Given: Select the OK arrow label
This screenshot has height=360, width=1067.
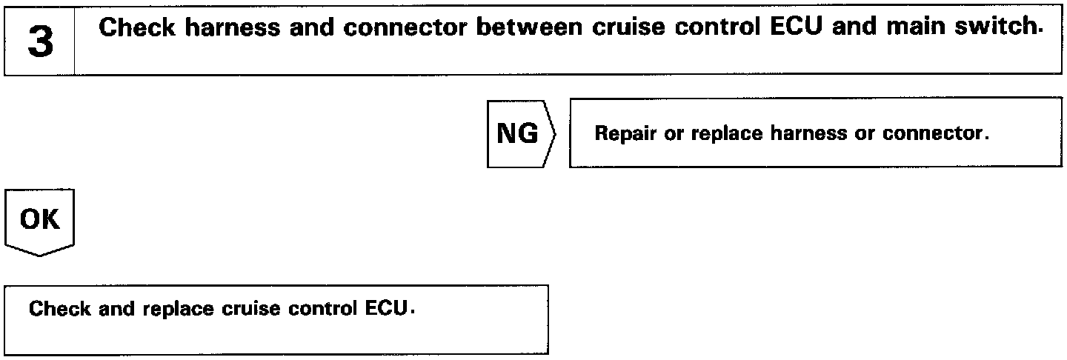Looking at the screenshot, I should [41, 220].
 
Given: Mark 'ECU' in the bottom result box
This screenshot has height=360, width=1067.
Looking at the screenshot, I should [387, 309].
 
